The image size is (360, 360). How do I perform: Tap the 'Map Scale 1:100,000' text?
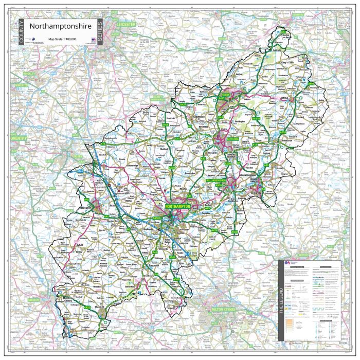click(x=62, y=39)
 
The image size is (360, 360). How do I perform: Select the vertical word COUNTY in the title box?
click(x=21, y=31)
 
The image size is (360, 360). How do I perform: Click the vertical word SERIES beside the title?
click(x=99, y=31)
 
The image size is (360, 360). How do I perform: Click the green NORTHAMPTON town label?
click(x=178, y=206)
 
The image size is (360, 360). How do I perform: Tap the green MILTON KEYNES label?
click(x=224, y=310)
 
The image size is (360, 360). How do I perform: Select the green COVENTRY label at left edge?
click(x=19, y=138)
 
